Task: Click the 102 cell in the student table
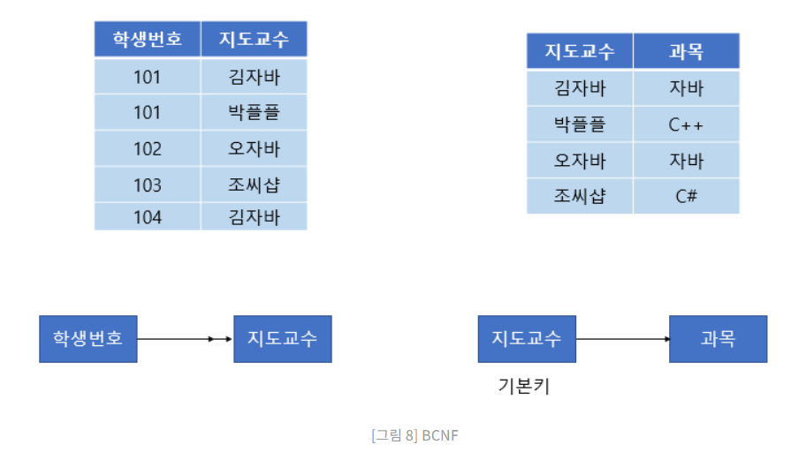pos(148,148)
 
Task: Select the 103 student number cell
pos(148,185)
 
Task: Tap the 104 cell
pos(148,217)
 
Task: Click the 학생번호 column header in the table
pos(148,40)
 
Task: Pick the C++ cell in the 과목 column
pos(686,124)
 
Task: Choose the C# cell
pos(686,196)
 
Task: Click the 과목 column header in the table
pos(686,51)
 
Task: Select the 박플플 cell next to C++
pos(580,124)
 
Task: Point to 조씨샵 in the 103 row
pos(254,185)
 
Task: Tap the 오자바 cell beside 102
pos(254,148)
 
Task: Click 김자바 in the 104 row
pos(254,217)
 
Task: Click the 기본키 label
pos(524,386)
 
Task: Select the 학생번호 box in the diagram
pos(88,338)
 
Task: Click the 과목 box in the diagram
pos(718,338)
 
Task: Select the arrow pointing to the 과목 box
pos(622,338)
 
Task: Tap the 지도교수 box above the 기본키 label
pos(526,338)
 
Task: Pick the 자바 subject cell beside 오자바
pos(686,161)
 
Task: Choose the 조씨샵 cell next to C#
pos(580,196)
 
